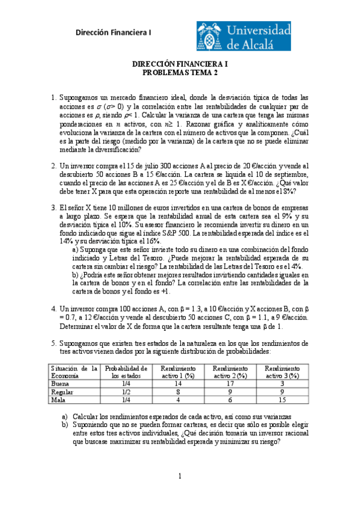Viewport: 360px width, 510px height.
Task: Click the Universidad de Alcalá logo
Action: (x=244, y=35)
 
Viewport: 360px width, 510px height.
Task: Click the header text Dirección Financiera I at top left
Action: (x=114, y=33)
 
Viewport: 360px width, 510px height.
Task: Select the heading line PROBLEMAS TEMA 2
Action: (x=180, y=72)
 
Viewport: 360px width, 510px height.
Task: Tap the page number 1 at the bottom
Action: (x=180, y=476)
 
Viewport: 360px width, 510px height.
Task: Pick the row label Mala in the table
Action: (x=59, y=399)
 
